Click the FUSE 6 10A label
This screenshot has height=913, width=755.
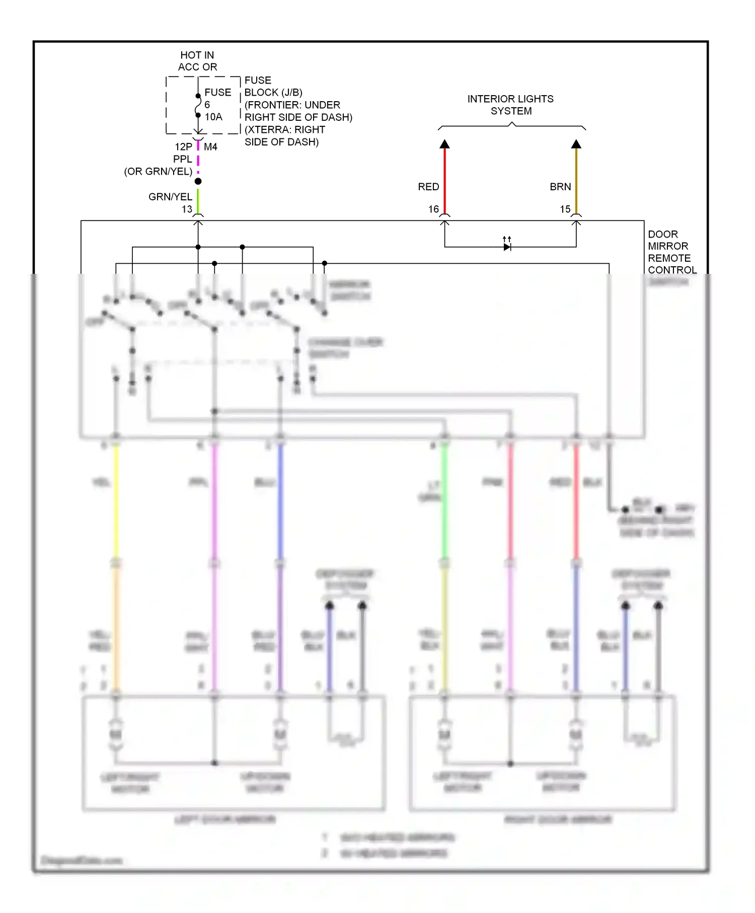tap(217, 105)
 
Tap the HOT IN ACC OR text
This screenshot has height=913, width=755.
tap(197, 61)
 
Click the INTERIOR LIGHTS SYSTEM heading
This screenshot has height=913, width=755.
tap(510, 105)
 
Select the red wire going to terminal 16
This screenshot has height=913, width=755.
tap(444, 181)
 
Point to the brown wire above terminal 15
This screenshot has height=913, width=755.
tap(576, 181)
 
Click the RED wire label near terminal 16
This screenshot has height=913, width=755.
tap(428, 187)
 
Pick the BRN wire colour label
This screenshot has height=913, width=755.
tap(560, 187)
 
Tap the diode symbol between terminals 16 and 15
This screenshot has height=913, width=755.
tap(507, 247)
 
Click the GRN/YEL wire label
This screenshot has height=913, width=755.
tap(170, 197)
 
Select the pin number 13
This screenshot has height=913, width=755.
tap(187, 209)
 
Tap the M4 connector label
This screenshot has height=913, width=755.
tap(210, 147)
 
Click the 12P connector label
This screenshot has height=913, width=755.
tap(183, 147)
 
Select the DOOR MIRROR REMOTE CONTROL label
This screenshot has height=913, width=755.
tap(671, 252)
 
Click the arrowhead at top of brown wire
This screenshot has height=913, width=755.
tap(576, 144)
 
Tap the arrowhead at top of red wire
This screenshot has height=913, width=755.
tap(444, 144)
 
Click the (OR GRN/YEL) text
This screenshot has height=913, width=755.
tap(158, 172)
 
